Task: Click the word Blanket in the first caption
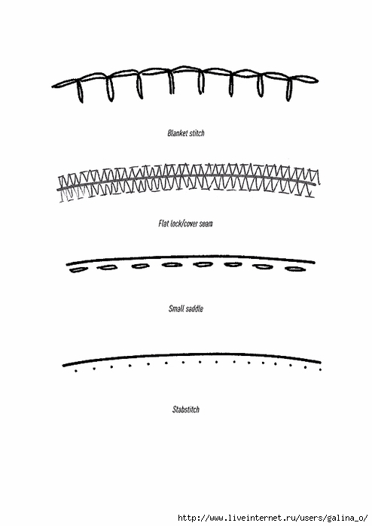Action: pyautogui.click(x=177, y=133)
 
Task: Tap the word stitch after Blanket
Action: pyautogui.click(x=197, y=133)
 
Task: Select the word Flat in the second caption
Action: pyautogui.click(x=163, y=223)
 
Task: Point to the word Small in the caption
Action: pyautogui.click(x=177, y=309)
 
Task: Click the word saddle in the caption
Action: pyautogui.click(x=195, y=309)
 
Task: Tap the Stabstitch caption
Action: pyautogui.click(x=186, y=409)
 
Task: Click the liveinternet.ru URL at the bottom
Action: pyautogui.click(x=273, y=518)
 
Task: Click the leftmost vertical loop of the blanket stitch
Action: pyautogui.click(x=80, y=90)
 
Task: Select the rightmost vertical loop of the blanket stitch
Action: pyautogui.click(x=288, y=89)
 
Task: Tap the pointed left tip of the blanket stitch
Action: pyautogui.click(x=53, y=87)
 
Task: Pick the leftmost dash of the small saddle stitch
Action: pyautogui.click(x=78, y=269)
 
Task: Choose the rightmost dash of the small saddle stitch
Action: pyautogui.click(x=295, y=269)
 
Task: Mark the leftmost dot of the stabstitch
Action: pyautogui.click(x=76, y=371)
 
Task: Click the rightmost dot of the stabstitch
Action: pyautogui.click(x=320, y=369)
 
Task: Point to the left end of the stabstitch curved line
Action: pyautogui.click(x=63, y=365)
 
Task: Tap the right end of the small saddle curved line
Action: pyautogui.click(x=314, y=263)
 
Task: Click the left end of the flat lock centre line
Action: pyautogui.click(x=58, y=190)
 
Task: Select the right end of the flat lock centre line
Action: pyautogui.click(x=315, y=184)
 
